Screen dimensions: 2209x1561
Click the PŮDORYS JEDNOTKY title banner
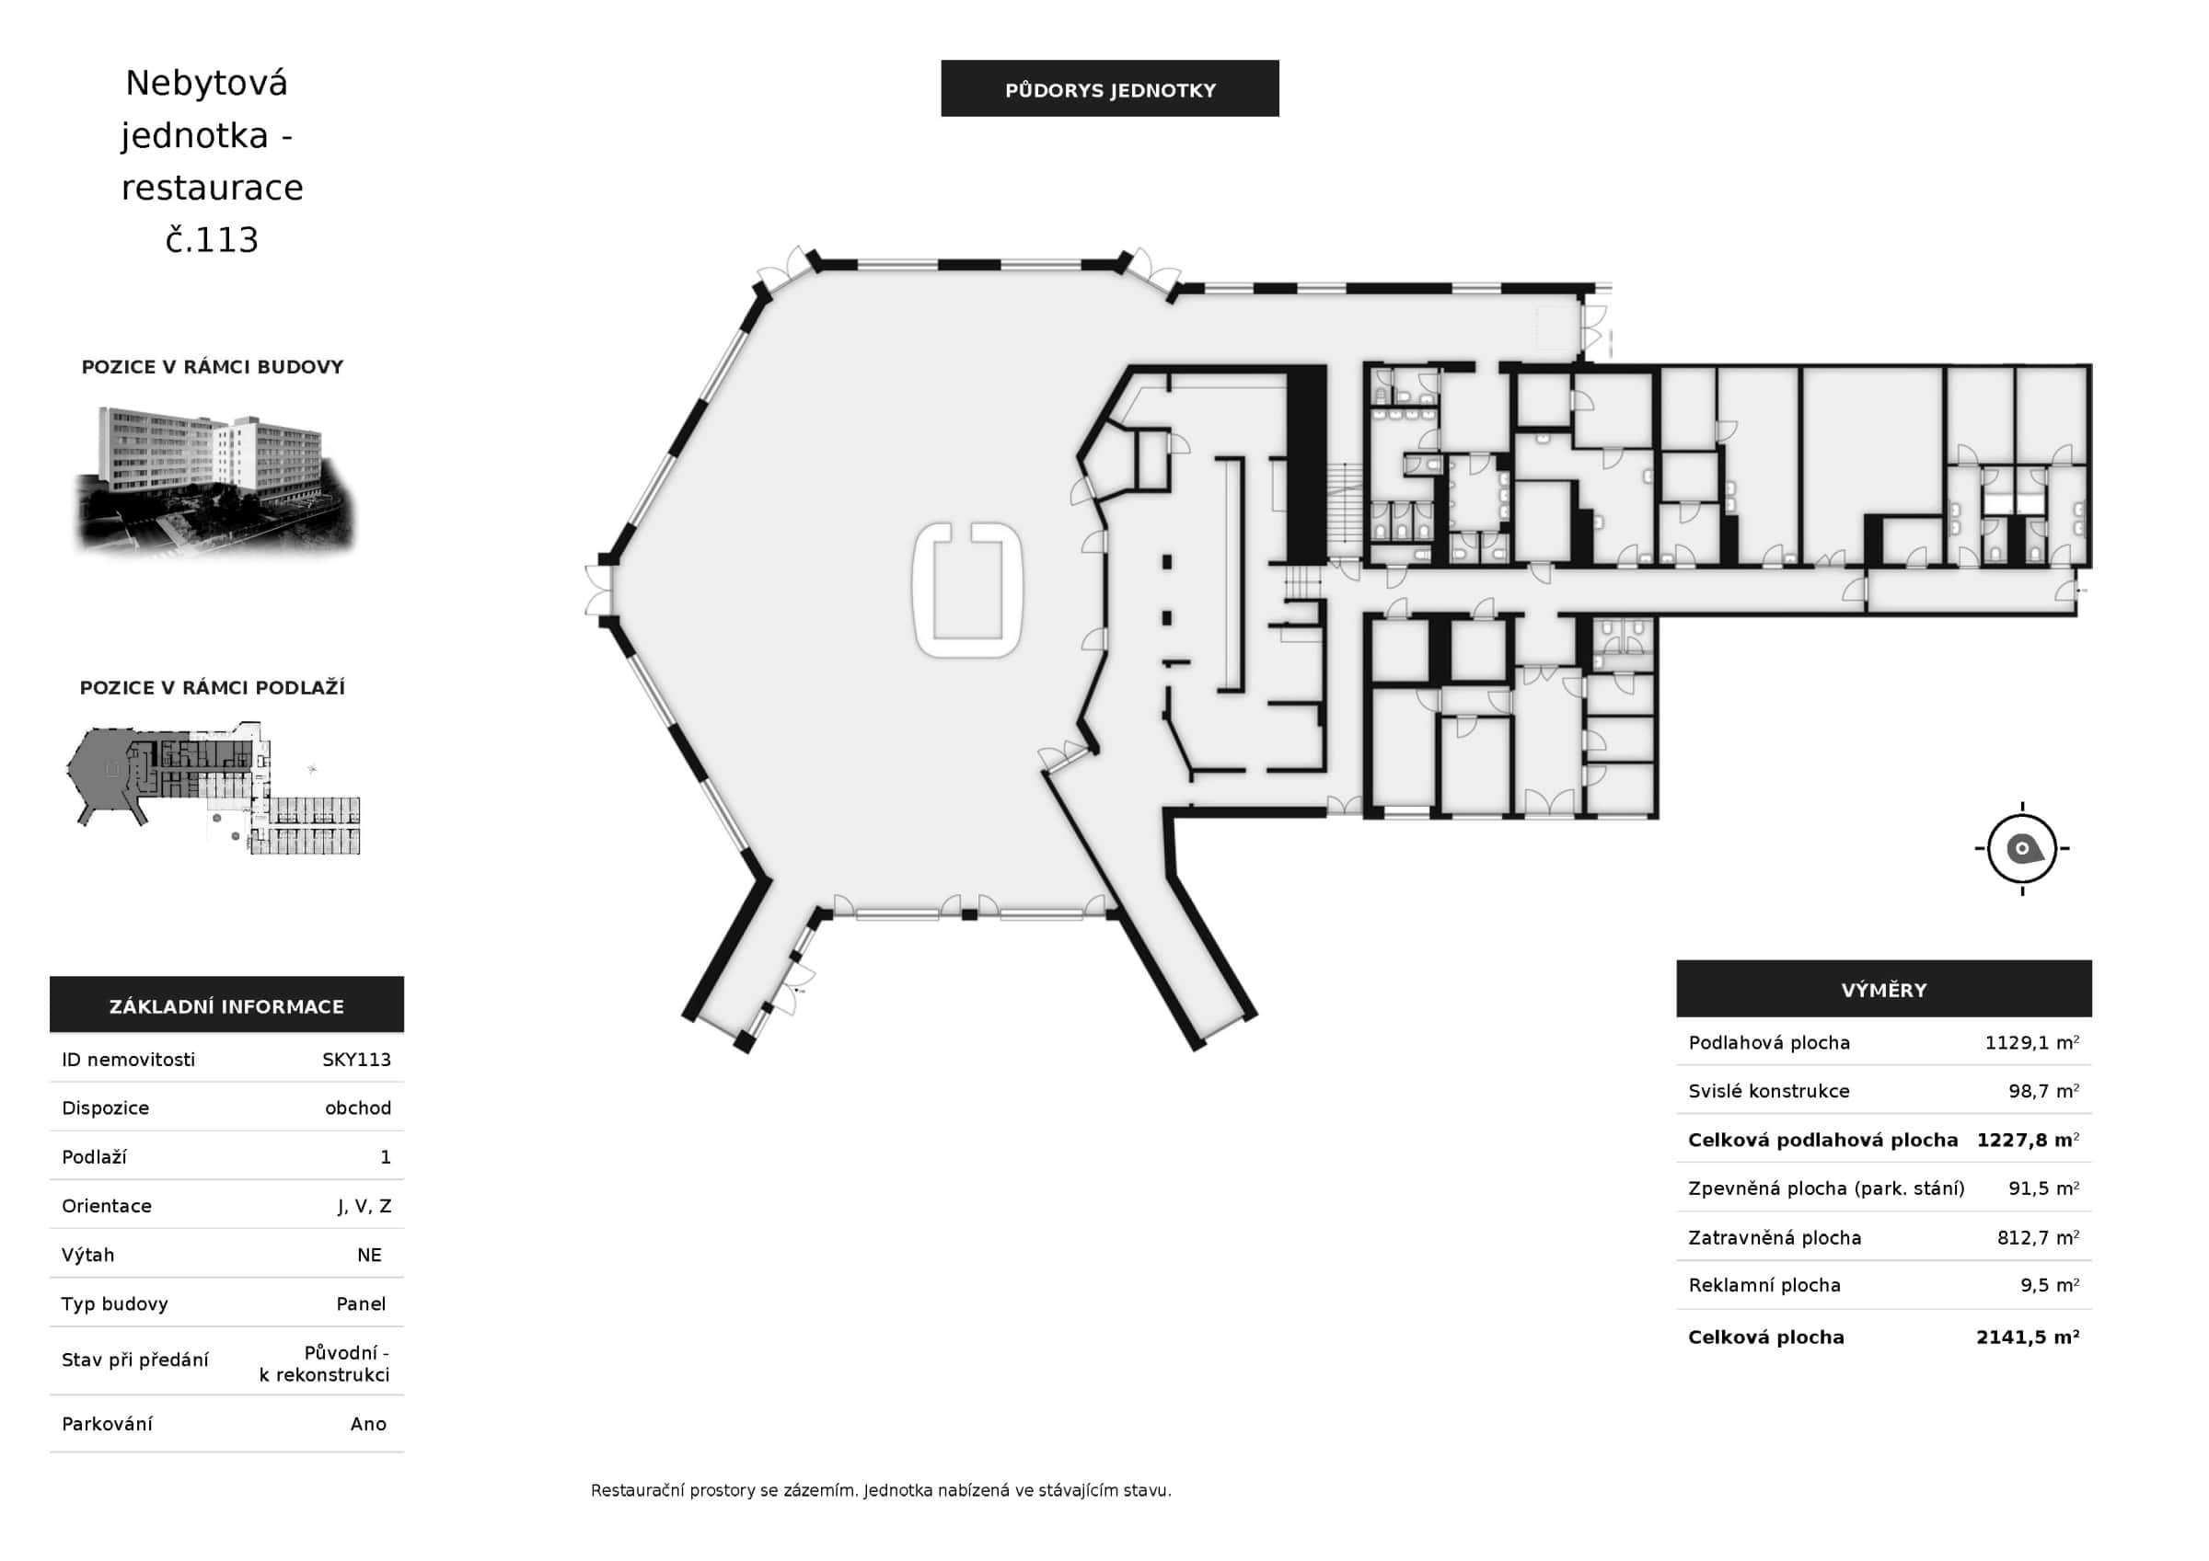pos(1109,88)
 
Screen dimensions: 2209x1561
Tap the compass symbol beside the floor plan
pos(2021,848)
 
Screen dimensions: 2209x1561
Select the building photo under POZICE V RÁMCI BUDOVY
pos(214,481)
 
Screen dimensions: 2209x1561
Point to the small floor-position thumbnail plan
pos(214,787)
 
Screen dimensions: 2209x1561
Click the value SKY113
pos(356,1059)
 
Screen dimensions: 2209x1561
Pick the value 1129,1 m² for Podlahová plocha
pos(2032,1042)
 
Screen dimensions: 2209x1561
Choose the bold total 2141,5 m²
pos(2028,1337)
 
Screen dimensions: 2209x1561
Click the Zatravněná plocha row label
pos(1775,1238)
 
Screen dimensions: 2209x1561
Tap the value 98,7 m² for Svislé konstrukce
pos(2043,1091)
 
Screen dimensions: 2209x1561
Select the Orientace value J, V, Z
pos(364,1206)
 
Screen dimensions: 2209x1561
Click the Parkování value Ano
pos(368,1423)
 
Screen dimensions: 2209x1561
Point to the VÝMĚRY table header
pos(1884,989)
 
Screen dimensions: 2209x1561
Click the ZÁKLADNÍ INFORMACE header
pos(226,1005)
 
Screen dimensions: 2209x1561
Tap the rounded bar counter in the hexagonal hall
pos(967,591)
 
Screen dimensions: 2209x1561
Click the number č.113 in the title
pos(212,239)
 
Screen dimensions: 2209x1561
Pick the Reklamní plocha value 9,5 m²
pos(2049,1285)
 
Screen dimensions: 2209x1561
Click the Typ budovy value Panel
pos(361,1303)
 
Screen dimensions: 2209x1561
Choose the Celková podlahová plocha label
pos(1822,1140)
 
